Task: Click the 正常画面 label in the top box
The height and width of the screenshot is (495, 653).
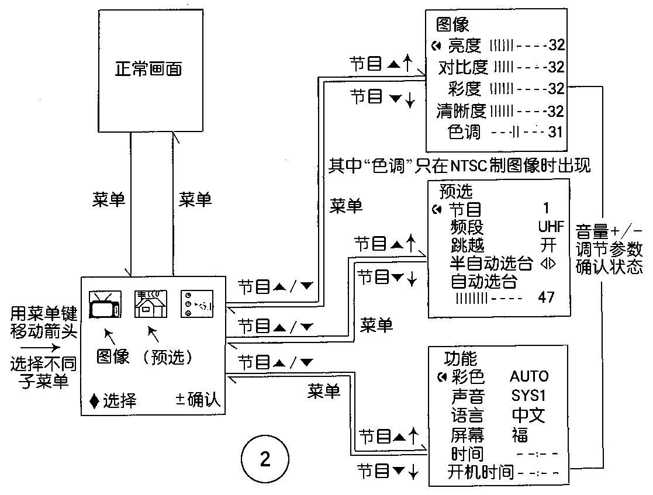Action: point(148,69)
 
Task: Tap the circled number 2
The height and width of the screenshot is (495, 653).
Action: point(265,459)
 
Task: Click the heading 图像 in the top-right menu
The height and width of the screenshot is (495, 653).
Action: point(452,25)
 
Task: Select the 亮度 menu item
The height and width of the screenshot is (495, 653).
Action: point(464,45)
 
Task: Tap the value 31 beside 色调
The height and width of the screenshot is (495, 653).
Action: point(555,133)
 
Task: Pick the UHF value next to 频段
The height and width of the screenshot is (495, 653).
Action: point(551,227)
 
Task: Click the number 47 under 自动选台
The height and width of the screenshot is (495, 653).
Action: point(546,297)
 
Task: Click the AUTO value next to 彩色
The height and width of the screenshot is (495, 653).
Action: point(529,376)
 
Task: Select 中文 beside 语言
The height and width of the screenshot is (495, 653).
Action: point(528,415)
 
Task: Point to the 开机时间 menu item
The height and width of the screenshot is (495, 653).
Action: point(481,472)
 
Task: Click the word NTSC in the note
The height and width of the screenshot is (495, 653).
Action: point(472,167)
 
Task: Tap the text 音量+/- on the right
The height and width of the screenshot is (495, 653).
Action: point(610,230)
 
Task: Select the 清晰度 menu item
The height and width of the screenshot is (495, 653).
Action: point(462,111)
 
